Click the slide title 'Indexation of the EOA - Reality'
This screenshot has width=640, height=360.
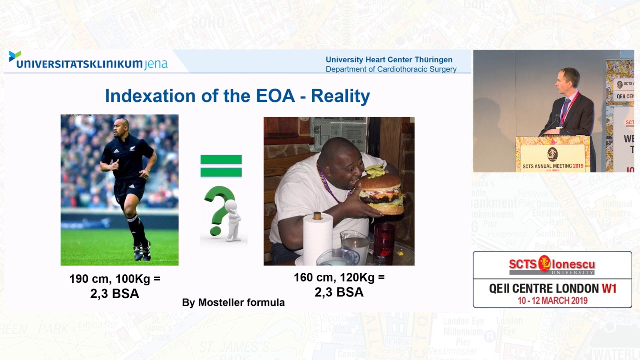pos(237,96)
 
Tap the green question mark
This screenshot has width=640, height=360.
pos(218,210)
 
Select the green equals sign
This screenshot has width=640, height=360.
pos(221,166)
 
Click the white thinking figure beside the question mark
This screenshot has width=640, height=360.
pos(233,220)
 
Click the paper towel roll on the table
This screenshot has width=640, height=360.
pos(318,237)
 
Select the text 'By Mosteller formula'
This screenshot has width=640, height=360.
pos(233,302)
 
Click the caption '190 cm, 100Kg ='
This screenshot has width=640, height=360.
pos(115,279)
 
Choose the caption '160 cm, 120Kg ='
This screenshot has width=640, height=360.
pos(339,277)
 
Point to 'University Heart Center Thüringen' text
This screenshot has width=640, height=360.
pos(389,60)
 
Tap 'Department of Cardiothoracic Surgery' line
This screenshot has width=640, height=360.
pos(391,69)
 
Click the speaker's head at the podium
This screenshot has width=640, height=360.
pos(569,78)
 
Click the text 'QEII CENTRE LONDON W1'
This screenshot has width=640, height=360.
pos(553,288)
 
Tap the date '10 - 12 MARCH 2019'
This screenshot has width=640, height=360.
pos(552,300)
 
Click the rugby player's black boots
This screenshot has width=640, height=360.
pos(141,252)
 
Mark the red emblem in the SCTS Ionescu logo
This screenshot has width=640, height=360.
pos(544,263)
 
